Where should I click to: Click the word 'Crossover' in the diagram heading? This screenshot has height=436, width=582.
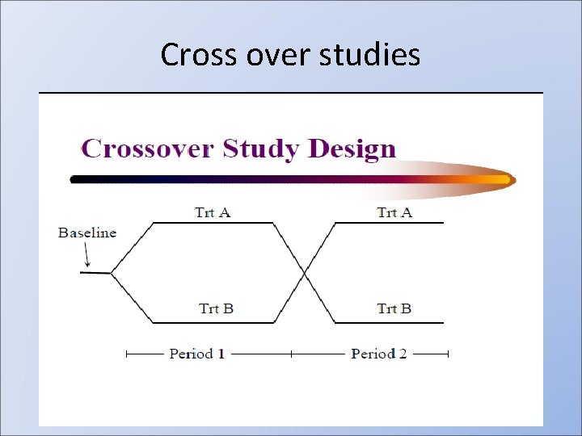point(146,149)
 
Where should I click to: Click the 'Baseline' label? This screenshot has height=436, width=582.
point(87,233)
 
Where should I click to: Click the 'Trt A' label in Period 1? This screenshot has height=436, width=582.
point(213,212)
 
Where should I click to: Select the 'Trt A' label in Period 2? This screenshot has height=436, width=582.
point(394,212)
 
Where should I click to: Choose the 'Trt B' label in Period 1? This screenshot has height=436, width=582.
point(216,308)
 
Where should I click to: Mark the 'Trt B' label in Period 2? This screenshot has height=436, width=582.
point(394,308)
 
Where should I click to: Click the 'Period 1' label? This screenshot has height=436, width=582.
point(196,354)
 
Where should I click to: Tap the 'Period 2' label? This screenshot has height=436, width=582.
point(378,354)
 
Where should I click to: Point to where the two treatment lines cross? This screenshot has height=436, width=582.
point(305,273)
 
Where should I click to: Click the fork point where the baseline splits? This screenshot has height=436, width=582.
point(111,274)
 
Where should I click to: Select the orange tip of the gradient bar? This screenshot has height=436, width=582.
point(505,179)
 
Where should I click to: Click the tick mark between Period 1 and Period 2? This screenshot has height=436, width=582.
point(291,354)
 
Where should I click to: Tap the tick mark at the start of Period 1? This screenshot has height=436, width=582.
point(126,354)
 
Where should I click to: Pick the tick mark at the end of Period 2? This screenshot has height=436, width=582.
point(447,354)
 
